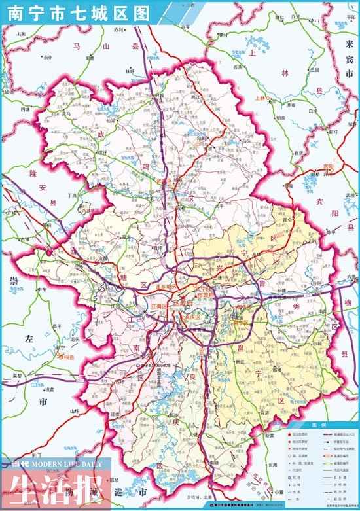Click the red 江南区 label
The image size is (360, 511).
click(x=160, y=306)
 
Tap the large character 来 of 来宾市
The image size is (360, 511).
click(x=349, y=44)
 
